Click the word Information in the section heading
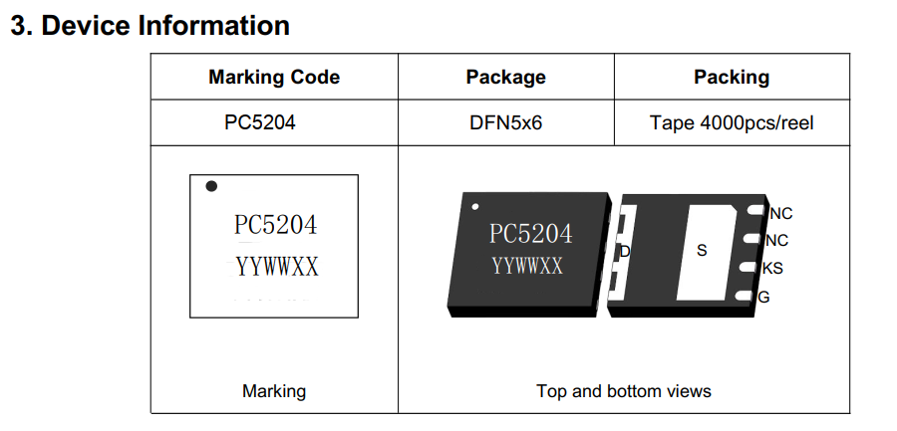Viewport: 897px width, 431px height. [213, 26]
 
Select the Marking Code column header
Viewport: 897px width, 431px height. [274, 77]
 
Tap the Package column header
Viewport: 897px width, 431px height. [505, 77]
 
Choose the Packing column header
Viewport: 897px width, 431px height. [732, 77]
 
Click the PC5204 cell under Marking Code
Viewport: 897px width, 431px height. [260, 123]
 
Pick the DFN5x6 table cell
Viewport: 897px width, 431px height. [505, 123]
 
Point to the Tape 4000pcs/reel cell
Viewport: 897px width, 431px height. [732, 123]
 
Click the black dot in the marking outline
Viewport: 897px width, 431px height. [211, 186]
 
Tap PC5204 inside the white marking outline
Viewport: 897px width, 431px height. [275, 226]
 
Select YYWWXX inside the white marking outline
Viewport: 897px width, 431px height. [277, 267]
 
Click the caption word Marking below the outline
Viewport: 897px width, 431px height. [274, 391]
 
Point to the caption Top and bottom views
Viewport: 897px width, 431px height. [624, 391]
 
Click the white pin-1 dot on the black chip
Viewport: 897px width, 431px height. [475, 207]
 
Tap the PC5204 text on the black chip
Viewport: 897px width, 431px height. [530, 234]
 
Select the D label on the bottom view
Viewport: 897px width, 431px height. [625, 252]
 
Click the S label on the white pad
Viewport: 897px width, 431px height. [702, 251]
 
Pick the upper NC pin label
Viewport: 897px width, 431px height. [780, 214]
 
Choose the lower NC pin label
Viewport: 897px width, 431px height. [776, 241]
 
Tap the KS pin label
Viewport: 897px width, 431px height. [772, 269]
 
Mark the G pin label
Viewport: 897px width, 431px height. [764, 297]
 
